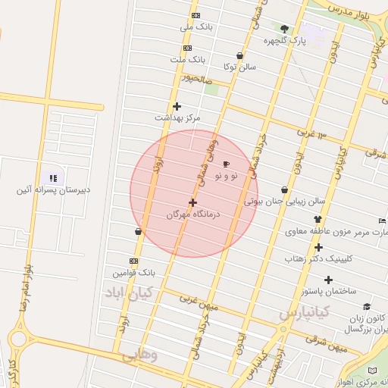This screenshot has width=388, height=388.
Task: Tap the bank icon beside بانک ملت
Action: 187,48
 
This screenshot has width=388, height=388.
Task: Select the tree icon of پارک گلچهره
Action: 285,29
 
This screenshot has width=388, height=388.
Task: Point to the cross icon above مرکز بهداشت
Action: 177,106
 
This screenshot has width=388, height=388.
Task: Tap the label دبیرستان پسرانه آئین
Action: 53,189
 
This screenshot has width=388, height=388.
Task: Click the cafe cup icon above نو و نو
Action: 226,164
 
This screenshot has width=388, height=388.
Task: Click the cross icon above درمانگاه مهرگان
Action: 192,202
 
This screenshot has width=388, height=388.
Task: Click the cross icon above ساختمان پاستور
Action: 328,280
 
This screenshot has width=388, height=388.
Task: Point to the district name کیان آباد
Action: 129,292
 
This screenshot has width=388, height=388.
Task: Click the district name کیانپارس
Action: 304,311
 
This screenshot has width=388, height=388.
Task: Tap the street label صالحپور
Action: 196,78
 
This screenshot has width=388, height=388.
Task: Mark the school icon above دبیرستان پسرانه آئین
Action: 53,177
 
